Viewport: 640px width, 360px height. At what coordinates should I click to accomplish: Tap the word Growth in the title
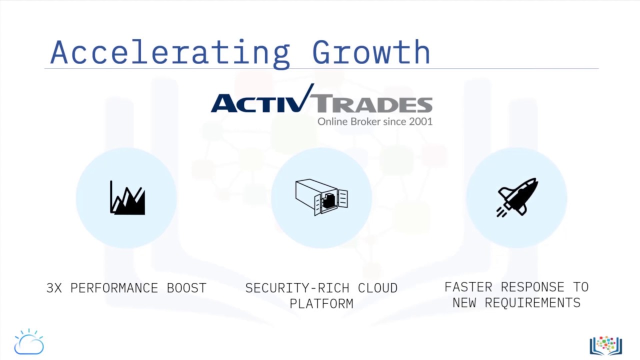click(x=371, y=52)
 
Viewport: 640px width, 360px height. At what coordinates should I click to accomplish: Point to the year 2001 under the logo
click(x=420, y=121)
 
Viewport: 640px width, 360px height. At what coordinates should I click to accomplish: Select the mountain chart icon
click(x=127, y=198)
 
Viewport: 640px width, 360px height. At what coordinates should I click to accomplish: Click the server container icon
click(x=321, y=197)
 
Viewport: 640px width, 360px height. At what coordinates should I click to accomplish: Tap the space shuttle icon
click(x=517, y=197)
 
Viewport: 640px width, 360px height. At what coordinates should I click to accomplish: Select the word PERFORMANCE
click(x=114, y=288)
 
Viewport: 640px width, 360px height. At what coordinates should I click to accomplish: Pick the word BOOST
click(x=186, y=288)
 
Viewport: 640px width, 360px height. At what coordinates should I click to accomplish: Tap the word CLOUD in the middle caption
click(x=377, y=288)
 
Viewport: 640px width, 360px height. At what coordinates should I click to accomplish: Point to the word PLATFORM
click(x=321, y=303)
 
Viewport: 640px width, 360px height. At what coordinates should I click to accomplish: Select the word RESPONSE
click(x=532, y=287)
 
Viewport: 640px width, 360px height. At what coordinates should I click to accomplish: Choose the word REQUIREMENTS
click(x=532, y=302)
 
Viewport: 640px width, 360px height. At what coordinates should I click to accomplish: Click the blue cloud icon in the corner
click(x=29, y=342)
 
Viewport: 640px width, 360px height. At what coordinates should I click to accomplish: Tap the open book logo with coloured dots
click(x=605, y=345)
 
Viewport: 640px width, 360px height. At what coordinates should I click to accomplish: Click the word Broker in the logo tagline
click(x=359, y=121)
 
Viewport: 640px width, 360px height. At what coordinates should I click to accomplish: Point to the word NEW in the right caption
click(x=464, y=302)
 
